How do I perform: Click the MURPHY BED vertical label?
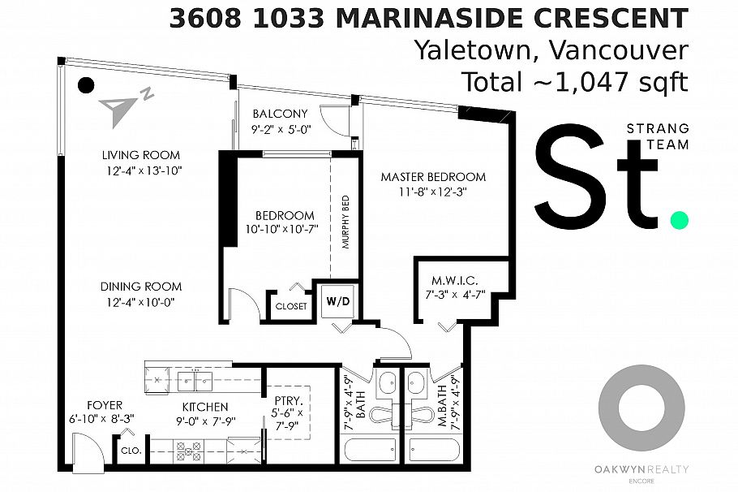(x=345, y=222)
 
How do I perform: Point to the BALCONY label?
(x=280, y=114)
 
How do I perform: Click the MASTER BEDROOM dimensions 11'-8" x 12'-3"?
(x=433, y=192)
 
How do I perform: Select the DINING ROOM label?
(x=141, y=287)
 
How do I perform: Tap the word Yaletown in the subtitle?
(x=478, y=50)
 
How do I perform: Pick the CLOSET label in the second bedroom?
(x=291, y=306)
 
